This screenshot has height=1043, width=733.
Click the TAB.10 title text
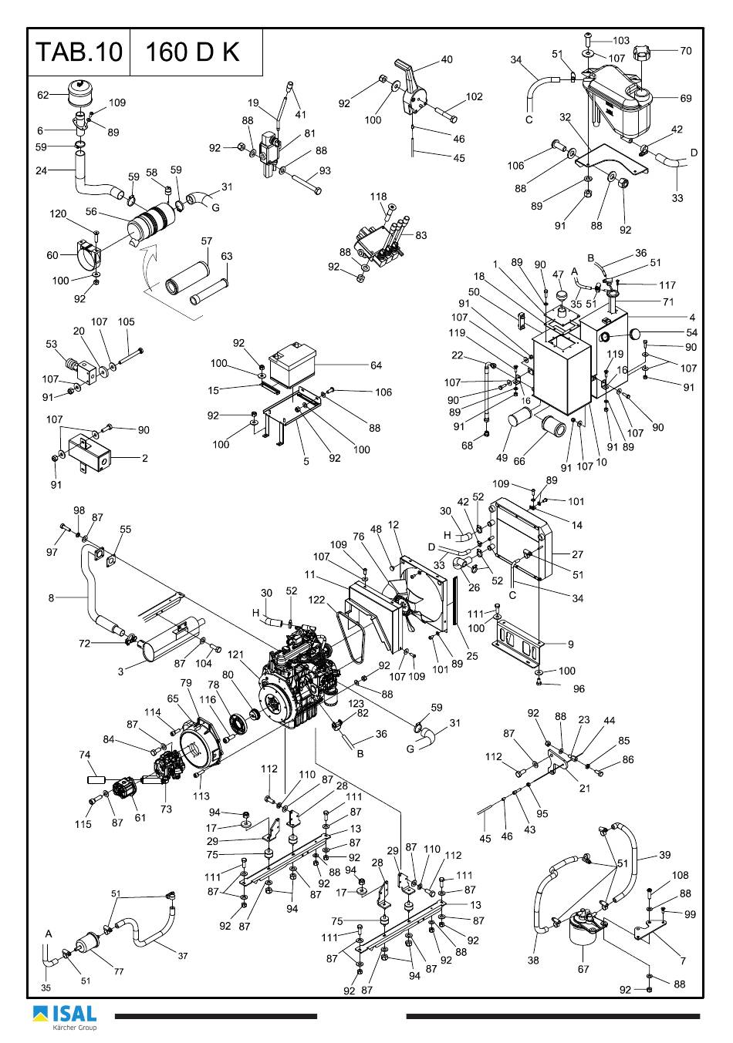(79, 52)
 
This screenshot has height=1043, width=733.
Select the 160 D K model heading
(192, 52)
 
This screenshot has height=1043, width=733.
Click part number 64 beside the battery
(376, 365)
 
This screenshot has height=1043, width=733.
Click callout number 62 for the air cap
(43, 95)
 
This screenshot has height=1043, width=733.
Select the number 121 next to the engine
(236, 654)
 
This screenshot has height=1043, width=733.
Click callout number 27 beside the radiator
(577, 554)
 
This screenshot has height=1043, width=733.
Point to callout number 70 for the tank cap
(686, 51)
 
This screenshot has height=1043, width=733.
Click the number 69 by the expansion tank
(686, 98)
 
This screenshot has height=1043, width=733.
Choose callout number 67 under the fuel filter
(583, 969)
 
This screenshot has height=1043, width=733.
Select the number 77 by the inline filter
(119, 971)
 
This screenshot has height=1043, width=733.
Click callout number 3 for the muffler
(120, 671)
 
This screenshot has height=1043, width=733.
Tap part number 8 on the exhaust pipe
(51, 598)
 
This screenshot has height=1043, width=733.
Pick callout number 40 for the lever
(447, 59)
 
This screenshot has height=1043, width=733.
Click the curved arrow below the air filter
(148, 265)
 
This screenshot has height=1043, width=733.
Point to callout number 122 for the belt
(316, 600)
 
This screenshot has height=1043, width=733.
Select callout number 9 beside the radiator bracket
(571, 644)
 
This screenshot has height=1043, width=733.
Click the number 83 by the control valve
(421, 235)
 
